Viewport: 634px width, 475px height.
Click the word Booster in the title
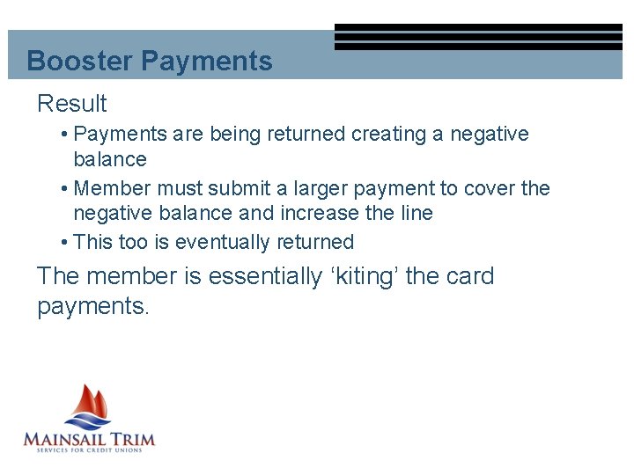tap(80, 62)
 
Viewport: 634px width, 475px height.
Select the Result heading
tap(71, 104)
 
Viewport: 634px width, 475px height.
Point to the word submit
tap(238, 188)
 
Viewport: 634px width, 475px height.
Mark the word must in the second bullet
tap(181, 188)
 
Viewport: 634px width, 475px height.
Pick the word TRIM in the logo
tap(134, 438)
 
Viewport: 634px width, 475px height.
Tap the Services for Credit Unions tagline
tap(88, 451)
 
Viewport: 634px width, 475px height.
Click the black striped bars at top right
tap(478, 37)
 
